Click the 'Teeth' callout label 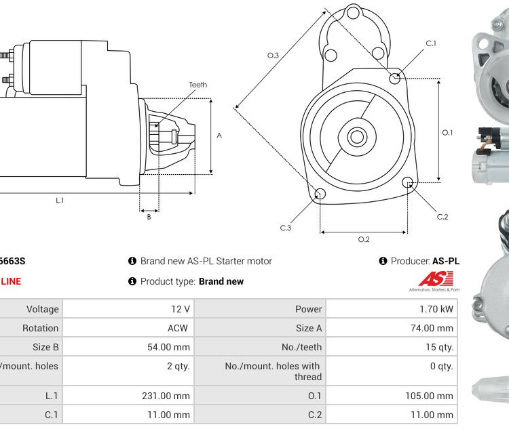tap(197, 85)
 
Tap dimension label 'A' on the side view tap(219, 136)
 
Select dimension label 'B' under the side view tap(149, 217)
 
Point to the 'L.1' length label tap(60, 200)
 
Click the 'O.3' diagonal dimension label tap(273, 56)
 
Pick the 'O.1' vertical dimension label tap(447, 133)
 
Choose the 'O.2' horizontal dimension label tap(364, 239)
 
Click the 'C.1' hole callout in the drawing tap(431, 43)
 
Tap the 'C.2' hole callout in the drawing tap(442, 217)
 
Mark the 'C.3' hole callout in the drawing tap(286, 228)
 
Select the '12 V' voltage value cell tap(181, 309)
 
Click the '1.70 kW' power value tap(437, 309)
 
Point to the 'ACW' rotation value tap(178, 328)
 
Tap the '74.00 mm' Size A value tap(434, 328)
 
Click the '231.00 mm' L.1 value tap(170, 396)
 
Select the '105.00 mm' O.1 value tap(432, 396)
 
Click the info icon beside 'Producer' tap(383, 261)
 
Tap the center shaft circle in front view tap(357, 137)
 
